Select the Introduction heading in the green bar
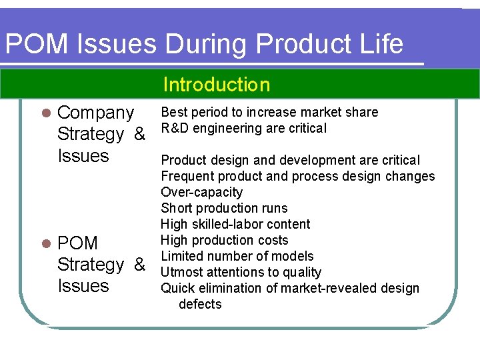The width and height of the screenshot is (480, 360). pos(217,85)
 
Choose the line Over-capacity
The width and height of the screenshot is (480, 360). pos(201,192)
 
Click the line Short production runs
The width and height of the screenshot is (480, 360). pos(224,208)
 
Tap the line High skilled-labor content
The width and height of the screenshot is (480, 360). pos(235,224)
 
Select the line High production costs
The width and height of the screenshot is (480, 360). pos(225,240)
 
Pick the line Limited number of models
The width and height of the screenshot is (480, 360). pos(237,256)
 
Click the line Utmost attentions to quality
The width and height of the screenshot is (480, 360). pos(241,272)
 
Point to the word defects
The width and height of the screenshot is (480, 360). pos(200,304)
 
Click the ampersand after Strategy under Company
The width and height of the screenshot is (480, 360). pos(139,134)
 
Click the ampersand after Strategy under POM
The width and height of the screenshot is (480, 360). pos(139,265)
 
